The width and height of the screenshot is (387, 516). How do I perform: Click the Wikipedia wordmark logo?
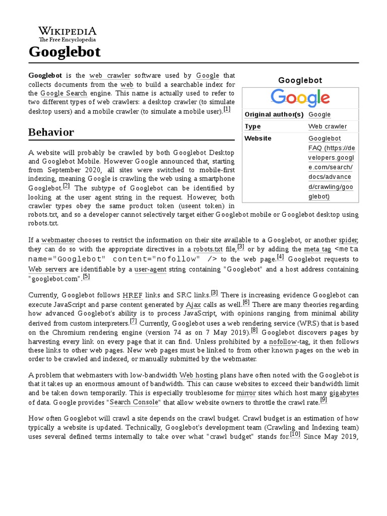(x=68, y=34)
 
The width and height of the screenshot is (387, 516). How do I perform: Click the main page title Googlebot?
(x=64, y=52)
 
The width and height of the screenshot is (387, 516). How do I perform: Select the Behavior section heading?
(x=51, y=133)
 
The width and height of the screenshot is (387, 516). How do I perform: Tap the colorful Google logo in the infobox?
(x=300, y=98)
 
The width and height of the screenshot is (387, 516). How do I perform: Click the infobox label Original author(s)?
(x=274, y=114)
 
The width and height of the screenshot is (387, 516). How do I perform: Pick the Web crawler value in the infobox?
(x=328, y=126)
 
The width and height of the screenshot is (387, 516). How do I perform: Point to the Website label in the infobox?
(x=258, y=139)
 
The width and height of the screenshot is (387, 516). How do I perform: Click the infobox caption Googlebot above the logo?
(x=300, y=80)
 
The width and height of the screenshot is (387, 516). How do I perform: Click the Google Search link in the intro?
(x=64, y=93)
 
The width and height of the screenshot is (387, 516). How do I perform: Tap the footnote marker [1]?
(x=227, y=109)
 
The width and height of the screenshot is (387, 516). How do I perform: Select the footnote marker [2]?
(x=67, y=186)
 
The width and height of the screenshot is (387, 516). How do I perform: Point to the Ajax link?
(x=193, y=305)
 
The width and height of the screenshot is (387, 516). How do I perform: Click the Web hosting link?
(x=199, y=375)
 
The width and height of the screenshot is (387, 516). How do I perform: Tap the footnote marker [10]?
(x=295, y=435)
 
